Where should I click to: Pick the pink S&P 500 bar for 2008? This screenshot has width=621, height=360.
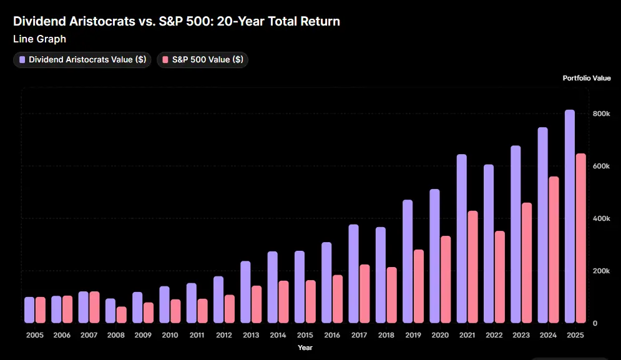(x=121, y=314)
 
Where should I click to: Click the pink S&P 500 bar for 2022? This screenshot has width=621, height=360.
(x=499, y=277)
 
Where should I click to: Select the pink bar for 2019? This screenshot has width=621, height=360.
(x=418, y=286)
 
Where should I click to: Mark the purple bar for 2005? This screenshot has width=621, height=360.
(x=29, y=310)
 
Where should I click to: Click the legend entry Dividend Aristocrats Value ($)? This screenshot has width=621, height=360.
(x=82, y=60)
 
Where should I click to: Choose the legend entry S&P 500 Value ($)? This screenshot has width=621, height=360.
(x=203, y=60)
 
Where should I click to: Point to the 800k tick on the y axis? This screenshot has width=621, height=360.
(x=601, y=114)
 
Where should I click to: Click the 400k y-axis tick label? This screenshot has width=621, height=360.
(x=601, y=218)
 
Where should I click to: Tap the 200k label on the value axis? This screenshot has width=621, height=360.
(x=601, y=271)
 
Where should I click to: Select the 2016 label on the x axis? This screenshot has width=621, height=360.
(x=332, y=335)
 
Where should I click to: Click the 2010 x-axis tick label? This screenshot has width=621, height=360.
(x=170, y=335)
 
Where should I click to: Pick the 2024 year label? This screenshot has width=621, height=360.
(x=548, y=335)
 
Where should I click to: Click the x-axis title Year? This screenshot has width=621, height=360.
(x=305, y=348)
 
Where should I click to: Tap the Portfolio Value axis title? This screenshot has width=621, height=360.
(x=586, y=79)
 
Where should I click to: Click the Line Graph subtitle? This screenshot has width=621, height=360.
(x=39, y=39)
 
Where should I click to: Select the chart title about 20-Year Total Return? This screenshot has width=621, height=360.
(x=177, y=21)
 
